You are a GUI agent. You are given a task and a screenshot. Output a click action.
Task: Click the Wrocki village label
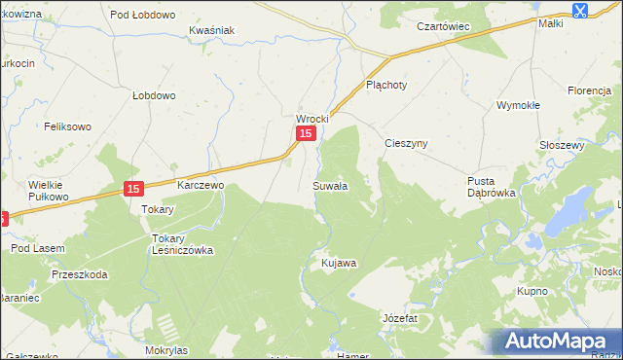pos(313,119)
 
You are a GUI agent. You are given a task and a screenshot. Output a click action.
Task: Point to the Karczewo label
pos(201,184)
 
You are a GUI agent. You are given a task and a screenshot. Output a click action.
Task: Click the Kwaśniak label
pos(212,30)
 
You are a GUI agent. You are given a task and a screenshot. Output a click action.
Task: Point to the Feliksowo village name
pos(67,126)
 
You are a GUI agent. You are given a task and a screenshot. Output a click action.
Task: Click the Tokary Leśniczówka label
pos(181,243)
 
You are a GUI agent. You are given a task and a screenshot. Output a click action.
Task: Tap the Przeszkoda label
pos(80,274)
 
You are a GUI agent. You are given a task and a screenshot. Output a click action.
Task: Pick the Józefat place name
pos(399,318)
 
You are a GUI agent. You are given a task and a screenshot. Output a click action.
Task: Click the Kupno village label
pos(533,291)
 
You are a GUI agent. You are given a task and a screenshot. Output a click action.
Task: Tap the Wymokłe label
pos(518,104)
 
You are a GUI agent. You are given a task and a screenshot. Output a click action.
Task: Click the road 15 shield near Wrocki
pos(306,134)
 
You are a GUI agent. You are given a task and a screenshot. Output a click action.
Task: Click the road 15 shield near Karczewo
pos(133,189)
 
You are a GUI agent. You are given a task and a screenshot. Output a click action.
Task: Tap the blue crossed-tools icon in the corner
pos(580,11)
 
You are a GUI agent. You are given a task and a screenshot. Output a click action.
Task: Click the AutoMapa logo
pos(558,342)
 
